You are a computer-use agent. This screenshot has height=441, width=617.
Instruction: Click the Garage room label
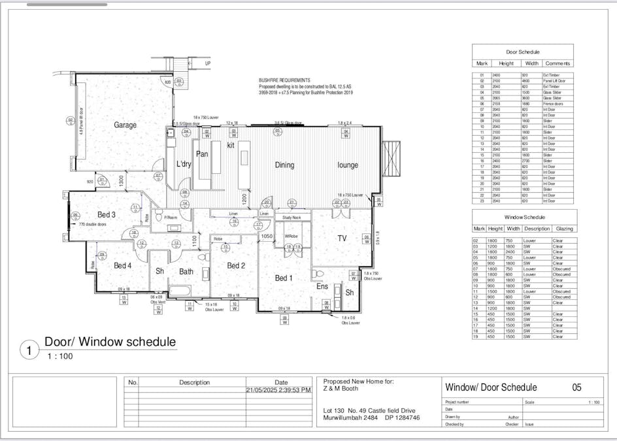124,125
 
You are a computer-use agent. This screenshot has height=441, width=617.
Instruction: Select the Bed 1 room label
284,278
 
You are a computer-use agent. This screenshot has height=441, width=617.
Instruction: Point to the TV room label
342,238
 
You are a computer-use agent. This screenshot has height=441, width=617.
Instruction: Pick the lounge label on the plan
348,165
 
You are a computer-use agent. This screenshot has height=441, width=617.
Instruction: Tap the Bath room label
187,271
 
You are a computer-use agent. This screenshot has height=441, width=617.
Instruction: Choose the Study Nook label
292,217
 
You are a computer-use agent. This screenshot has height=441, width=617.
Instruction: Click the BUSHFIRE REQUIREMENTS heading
284,80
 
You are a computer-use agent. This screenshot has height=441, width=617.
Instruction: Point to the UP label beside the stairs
208,63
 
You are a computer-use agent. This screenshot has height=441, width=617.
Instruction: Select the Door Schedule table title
522,51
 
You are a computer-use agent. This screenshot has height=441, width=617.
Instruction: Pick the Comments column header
558,63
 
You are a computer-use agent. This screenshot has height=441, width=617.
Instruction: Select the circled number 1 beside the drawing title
29,350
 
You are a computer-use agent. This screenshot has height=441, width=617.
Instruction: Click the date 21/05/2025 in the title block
281,390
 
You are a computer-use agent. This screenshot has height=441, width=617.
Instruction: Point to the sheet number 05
576,387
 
